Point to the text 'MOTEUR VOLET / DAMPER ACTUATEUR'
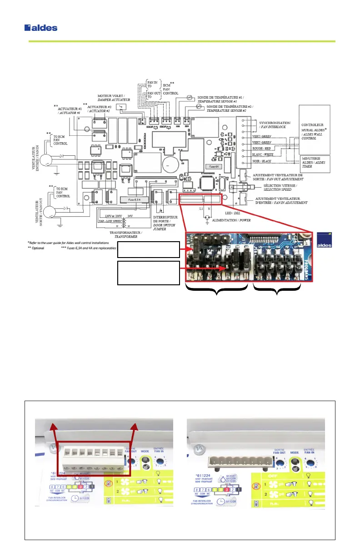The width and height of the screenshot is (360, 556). pos(114,97)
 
